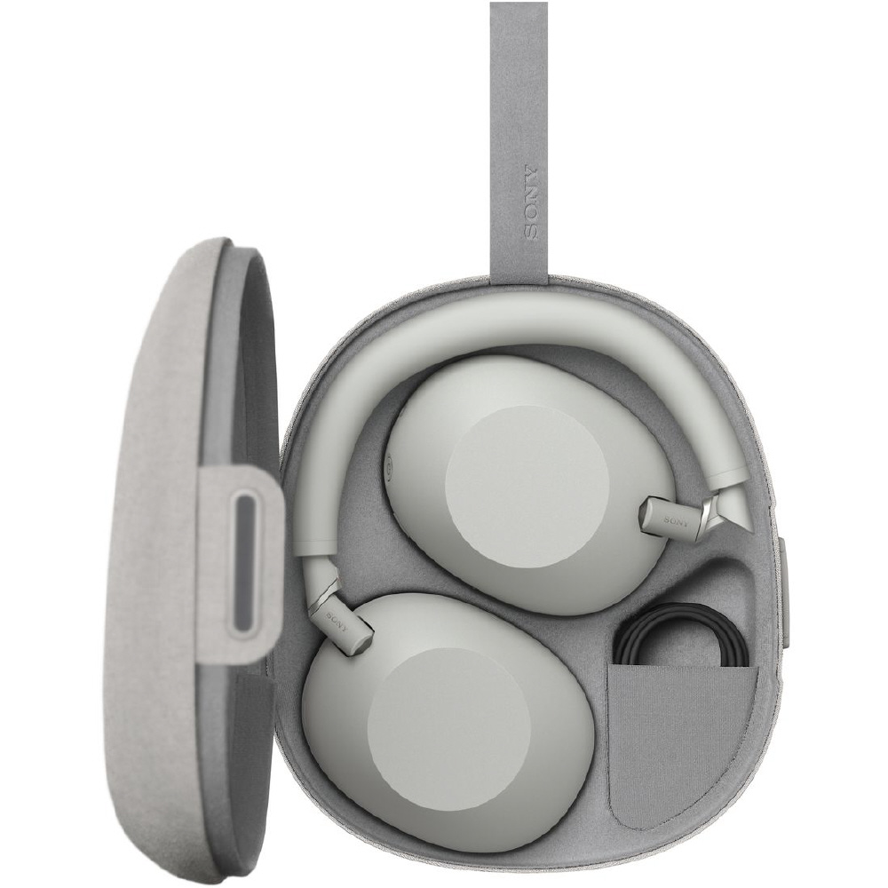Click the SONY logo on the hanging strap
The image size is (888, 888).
[531, 202]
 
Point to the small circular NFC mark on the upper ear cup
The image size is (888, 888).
[389, 468]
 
